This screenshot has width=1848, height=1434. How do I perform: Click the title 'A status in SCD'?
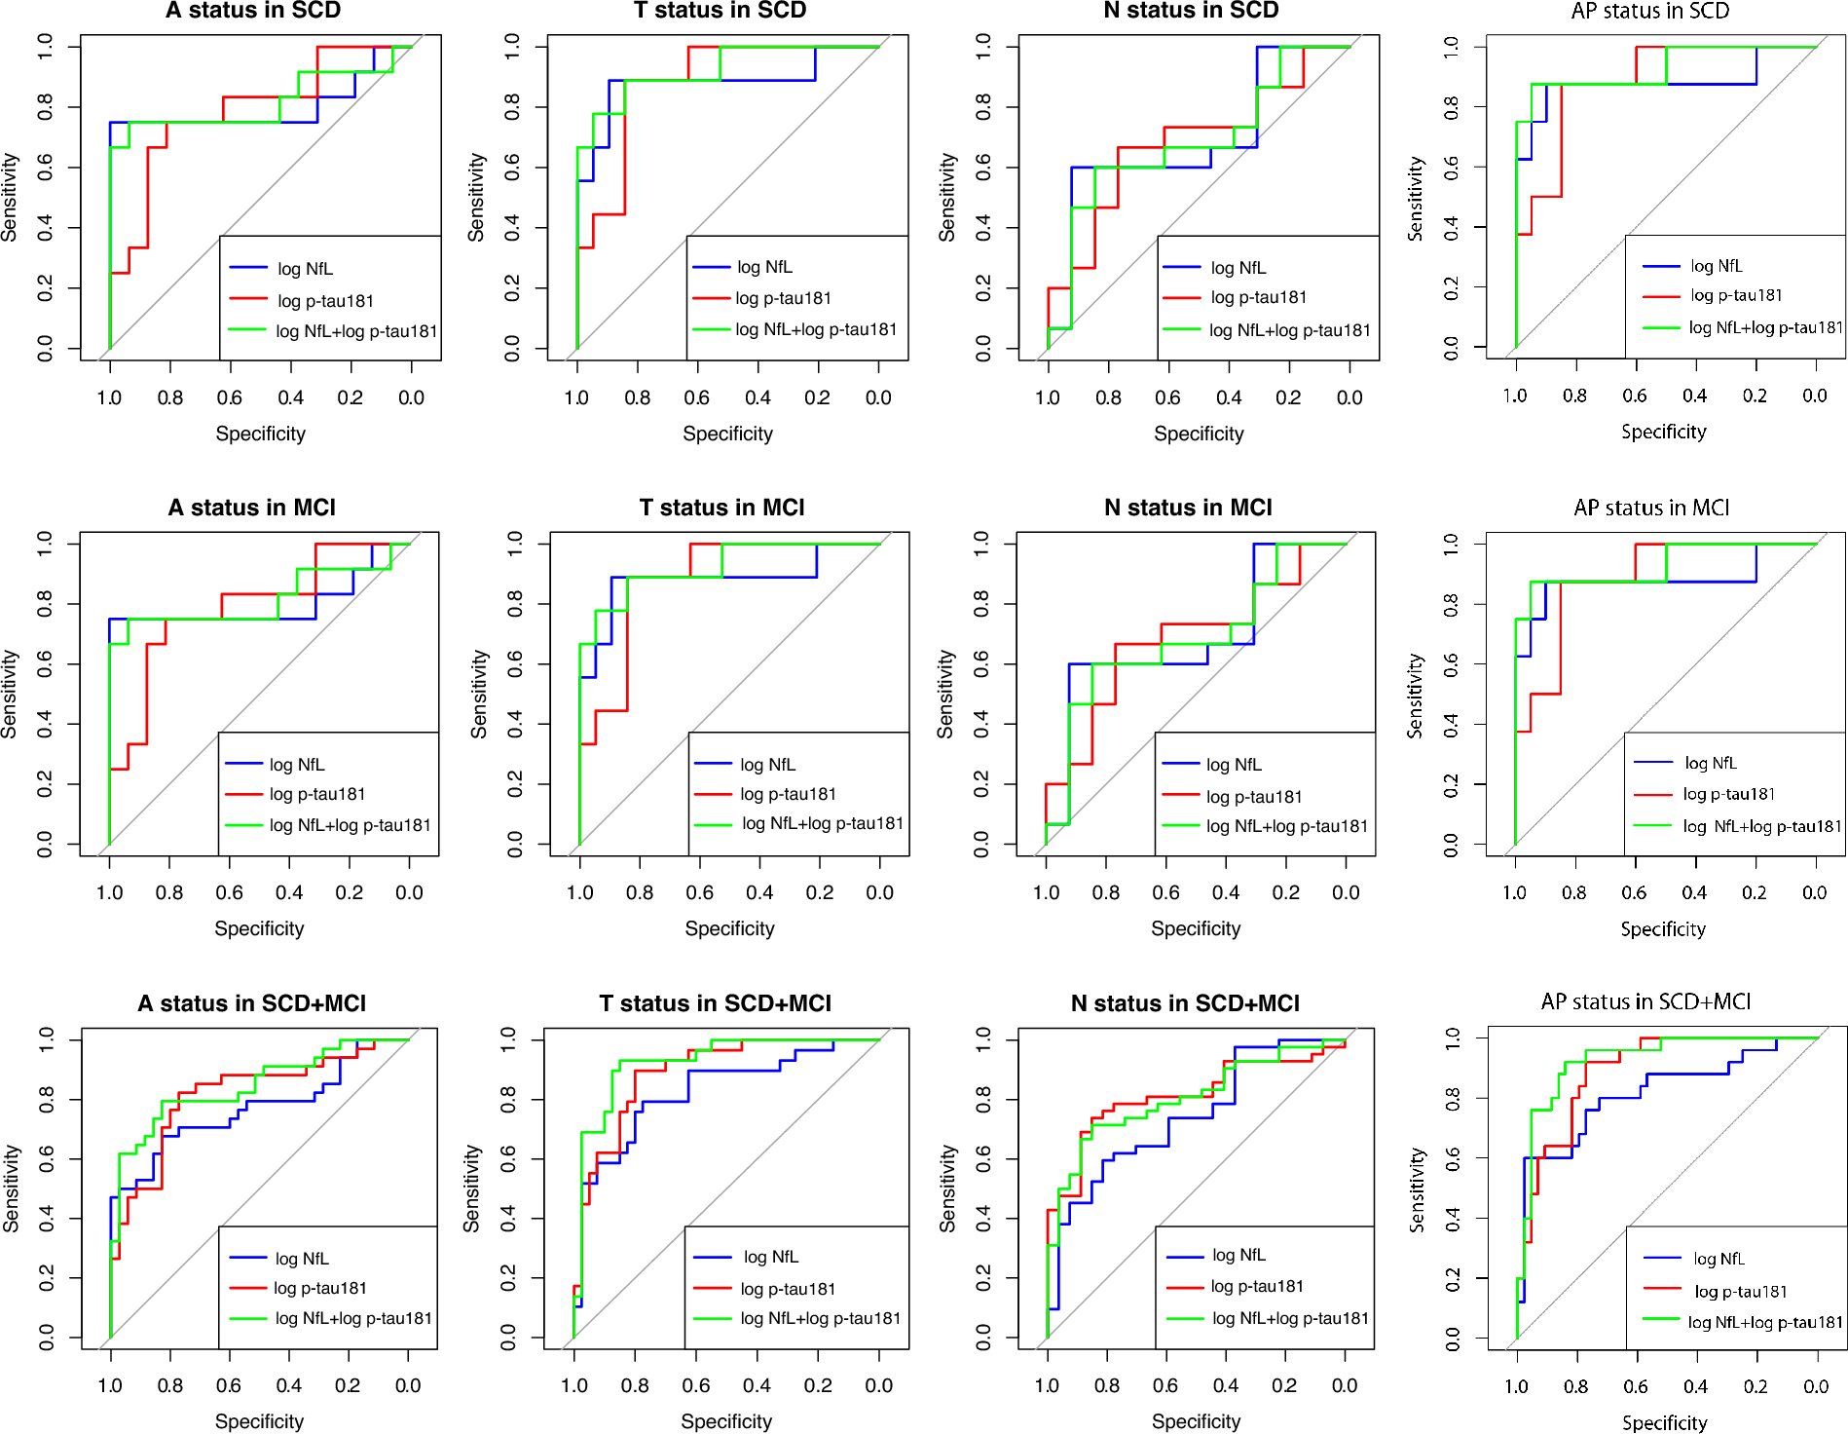pyautogui.click(x=253, y=11)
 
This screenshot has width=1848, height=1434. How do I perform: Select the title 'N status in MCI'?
pyautogui.click(x=1188, y=508)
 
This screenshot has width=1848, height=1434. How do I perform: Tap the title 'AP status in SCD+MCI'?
pyautogui.click(x=1645, y=1001)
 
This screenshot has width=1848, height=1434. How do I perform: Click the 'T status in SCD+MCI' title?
pyautogui.click(x=715, y=1003)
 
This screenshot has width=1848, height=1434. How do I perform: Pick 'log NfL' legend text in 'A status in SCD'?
pyautogui.click(x=305, y=269)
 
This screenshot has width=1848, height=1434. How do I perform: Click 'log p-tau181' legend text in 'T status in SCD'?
pyautogui.click(x=783, y=298)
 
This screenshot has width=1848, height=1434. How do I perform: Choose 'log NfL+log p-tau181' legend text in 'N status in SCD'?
pyautogui.click(x=1289, y=330)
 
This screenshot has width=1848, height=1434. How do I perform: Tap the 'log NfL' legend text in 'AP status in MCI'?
pyautogui.click(x=1711, y=763)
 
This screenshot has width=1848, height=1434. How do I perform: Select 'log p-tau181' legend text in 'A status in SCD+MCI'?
pyautogui.click(x=320, y=1288)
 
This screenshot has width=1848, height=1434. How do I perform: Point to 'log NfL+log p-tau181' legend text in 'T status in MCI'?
pyautogui.click(x=823, y=823)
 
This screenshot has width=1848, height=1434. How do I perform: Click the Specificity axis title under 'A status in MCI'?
pyautogui.click(x=259, y=928)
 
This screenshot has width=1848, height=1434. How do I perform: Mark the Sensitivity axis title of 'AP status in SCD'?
pyautogui.click(x=1415, y=199)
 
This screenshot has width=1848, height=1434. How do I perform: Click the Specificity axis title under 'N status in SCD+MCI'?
pyautogui.click(x=1196, y=1421)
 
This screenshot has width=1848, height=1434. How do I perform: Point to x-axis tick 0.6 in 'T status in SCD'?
pyautogui.click(x=697, y=397)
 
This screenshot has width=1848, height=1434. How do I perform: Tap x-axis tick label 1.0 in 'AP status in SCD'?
pyautogui.click(x=1515, y=396)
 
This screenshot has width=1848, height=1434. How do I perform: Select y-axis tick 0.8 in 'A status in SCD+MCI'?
pyautogui.click(x=46, y=1100)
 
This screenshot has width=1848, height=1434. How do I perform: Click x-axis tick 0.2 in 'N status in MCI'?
pyautogui.click(x=1285, y=892)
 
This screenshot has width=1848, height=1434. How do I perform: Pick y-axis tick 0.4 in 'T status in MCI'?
pyautogui.click(x=515, y=724)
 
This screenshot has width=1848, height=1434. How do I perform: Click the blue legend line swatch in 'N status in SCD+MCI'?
pyautogui.click(x=1185, y=1257)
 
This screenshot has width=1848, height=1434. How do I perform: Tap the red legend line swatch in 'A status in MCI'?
pyautogui.click(x=244, y=795)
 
